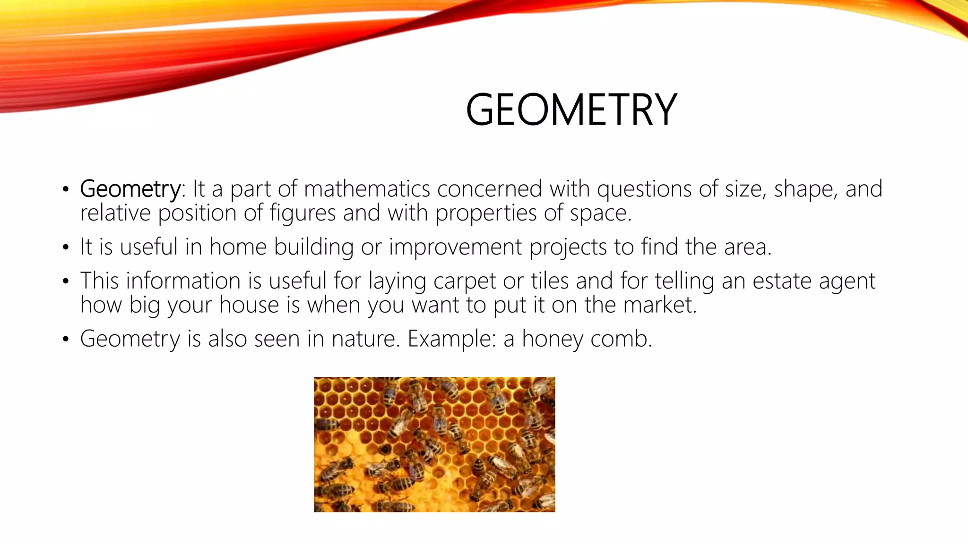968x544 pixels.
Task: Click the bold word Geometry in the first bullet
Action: (x=130, y=189)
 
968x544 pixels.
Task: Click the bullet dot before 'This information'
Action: (x=66, y=282)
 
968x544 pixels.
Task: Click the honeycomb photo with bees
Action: (x=434, y=444)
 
